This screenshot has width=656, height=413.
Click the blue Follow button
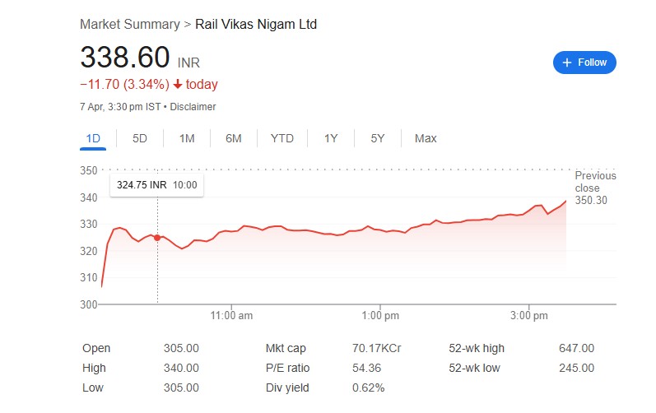[584, 62]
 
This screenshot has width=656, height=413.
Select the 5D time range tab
[140, 138]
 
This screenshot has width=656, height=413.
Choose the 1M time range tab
[187, 138]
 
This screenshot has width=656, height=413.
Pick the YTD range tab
[282, 138]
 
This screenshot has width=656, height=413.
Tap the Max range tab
[426, 138]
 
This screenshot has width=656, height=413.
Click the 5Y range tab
[378, 138]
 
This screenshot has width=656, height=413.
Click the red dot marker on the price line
[157, 238]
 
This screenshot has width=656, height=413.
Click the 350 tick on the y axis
[88, 170]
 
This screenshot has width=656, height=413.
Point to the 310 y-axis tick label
[88, 278]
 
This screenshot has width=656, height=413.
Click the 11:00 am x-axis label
[231, 315]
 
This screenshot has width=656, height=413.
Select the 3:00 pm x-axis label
[528, 315]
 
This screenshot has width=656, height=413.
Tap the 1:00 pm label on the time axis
[380, 315]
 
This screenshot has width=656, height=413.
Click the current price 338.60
[124, 58]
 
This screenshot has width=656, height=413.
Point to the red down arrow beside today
[177, 85]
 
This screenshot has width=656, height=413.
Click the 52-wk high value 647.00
[575, 349]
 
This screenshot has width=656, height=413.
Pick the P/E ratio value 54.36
[366, 368]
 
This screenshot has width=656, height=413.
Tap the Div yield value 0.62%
[368, 387]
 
